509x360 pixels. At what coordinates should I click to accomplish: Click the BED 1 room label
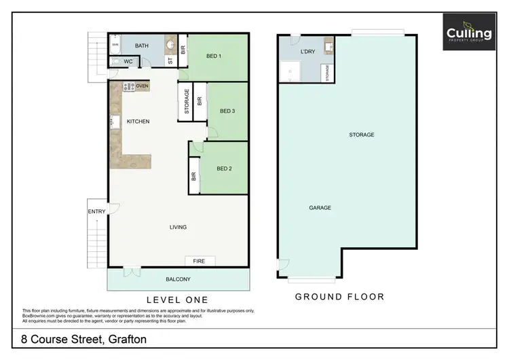tap(214, 56)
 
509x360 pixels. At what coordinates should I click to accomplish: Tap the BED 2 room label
tap(225, 168)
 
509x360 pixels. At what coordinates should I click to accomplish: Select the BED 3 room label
tap(227, 111)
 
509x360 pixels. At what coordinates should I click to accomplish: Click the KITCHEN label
tap(138, 122)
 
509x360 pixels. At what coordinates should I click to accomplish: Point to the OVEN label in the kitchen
tap(142, 86)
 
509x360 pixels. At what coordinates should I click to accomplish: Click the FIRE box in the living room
tap(200, 261)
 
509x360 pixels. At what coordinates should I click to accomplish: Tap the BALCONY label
tap(178, 279)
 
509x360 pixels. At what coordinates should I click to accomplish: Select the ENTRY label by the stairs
tap(96, 211)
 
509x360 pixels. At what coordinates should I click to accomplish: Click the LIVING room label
tap(178, 227)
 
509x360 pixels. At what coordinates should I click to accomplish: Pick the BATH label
tap(142, 46)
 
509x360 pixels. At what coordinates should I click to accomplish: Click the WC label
tap(128, 62)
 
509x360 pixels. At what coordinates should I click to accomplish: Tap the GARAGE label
tap(320, 208)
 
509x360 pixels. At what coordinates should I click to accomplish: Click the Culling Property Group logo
tap(468, 32)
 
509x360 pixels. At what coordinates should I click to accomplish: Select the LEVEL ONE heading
tap(178, 300)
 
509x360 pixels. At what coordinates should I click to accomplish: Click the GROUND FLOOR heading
tap(339, 297)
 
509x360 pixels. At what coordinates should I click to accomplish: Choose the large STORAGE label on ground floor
tap(362, 134)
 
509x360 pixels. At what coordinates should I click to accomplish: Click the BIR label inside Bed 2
tap(194, 176)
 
